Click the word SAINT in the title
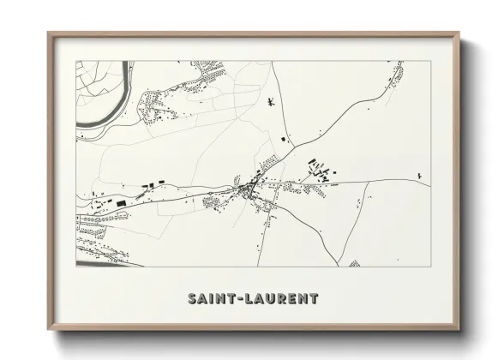tap(209, 299)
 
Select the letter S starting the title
tap(191, 299)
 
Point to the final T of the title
tap(314, 299)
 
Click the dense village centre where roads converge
tap(250, 188)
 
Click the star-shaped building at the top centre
tap(270, 103)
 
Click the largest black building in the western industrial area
tap(121, 202)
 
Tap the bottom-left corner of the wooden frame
tap(49, 329)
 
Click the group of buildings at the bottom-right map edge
tap(355, 263)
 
